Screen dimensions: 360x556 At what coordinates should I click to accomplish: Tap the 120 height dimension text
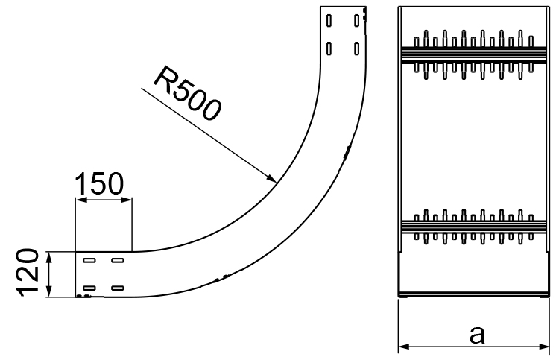[28, 274]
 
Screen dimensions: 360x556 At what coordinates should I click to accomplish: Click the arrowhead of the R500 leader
[273, 179]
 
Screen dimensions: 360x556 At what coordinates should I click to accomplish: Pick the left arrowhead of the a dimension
[403, 346]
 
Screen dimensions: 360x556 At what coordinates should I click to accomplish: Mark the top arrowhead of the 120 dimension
[49, 256]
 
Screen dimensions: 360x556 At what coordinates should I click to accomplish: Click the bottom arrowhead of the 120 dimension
[49, 293]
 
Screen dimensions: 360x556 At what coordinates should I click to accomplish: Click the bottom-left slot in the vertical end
[329, 49]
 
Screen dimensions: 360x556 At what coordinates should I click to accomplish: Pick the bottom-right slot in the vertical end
[357, 49]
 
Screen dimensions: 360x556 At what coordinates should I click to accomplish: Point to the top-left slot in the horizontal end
[89, 261]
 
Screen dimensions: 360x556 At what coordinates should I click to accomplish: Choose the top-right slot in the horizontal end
[117, 261]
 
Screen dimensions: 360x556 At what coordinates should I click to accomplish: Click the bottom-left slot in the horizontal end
[89, 288]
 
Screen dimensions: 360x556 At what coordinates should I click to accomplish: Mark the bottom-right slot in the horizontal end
[117, 288]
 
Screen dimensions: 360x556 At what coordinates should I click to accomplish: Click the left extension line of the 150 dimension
[76, 224]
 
